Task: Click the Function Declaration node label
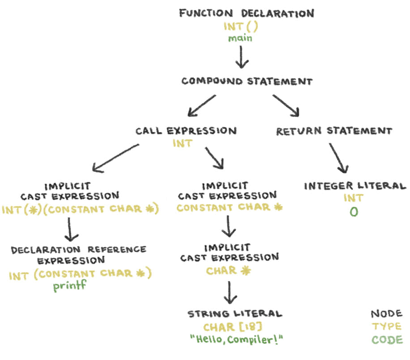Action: [246, 13]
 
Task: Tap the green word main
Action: [240, 38]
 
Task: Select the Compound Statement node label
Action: [247, 81]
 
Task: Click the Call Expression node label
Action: [186, 131]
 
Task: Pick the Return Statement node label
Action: [334, 131]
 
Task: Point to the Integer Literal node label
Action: [355, 186]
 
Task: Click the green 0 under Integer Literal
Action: [354, 212]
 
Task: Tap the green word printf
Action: [69, 285]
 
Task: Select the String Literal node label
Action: [235, 314]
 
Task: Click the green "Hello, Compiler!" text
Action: [236, 339]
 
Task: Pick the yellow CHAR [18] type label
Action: [232, 327]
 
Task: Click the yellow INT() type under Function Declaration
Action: [240, 26]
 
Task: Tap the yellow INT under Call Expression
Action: [183, 143]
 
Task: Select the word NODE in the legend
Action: [386, 313]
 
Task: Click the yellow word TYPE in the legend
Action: [386, 326]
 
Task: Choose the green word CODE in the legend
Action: [387, 340]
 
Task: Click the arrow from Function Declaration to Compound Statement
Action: [241, 57]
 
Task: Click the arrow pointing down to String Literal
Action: [230, 292]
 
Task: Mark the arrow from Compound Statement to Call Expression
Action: [202, 106]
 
